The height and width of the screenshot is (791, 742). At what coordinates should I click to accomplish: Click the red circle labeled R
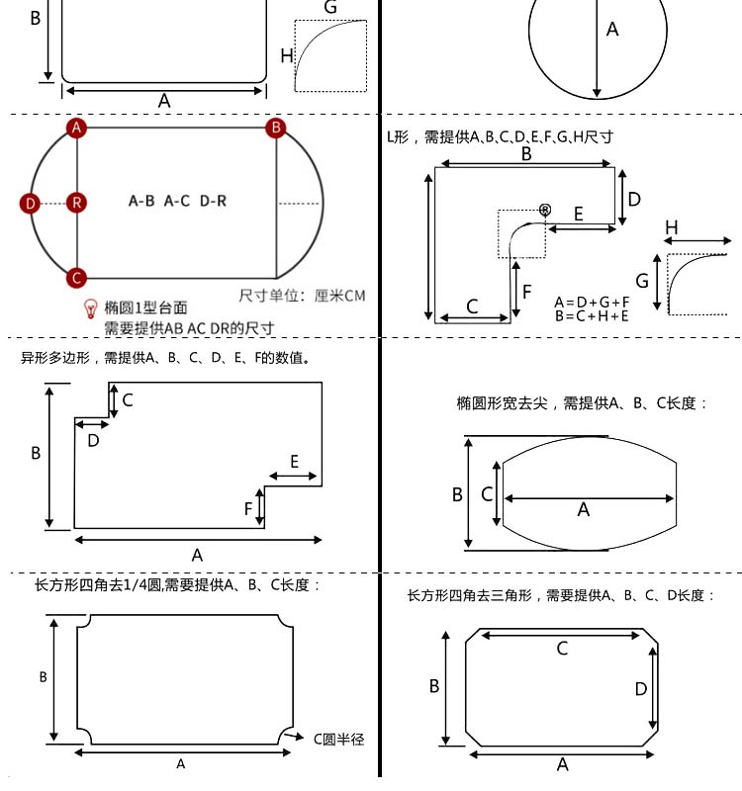pyautogui.click(x=77, y=203)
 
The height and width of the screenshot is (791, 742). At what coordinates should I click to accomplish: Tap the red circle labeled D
pyautogui.click(x=30, y=204)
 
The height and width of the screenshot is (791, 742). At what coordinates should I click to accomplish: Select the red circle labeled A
pyautogui.click(x=77, y=128)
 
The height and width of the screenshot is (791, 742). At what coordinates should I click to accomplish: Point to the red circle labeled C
pyautogui.click(x=77, y=278)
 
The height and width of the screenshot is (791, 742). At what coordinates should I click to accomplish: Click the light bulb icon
pyautogui.click(x=91, y=308)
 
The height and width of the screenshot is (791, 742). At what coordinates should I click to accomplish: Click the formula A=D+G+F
pyautogui.click(x=591, y=302)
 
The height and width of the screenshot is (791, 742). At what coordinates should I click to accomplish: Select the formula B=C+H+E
pyautogui.click(x=591, y=315)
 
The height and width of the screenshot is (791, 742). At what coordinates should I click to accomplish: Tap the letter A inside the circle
pyautogui.click(x=612, y=30)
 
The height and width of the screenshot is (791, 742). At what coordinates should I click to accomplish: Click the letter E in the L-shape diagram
pyautogui.click(x=579, y=214)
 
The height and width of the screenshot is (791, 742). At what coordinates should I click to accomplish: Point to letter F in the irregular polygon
pyautogui.click(x=248, y=508)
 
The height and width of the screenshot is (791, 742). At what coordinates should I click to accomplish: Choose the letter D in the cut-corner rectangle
pyautogui.click(x=640, y=688)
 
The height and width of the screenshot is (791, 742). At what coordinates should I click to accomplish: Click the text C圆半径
pyautogui.click(x=339, y=739)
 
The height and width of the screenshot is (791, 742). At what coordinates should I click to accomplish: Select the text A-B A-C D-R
pyautogui.click(x=178, y=201)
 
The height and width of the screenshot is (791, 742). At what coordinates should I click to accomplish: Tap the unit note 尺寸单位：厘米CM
pyautogui.click(x=302, y=296)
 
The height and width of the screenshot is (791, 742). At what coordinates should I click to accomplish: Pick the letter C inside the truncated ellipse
pyautogui.click(x=486, y=492)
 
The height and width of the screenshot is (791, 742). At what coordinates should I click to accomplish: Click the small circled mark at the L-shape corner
pyautogui.click(x=544, y=209)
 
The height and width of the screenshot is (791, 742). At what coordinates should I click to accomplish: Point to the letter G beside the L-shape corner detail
pyautogui.click(x=642, y=281)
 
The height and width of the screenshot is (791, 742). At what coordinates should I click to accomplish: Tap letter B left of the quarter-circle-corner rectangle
pyautogui.click(x=44, y=677)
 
